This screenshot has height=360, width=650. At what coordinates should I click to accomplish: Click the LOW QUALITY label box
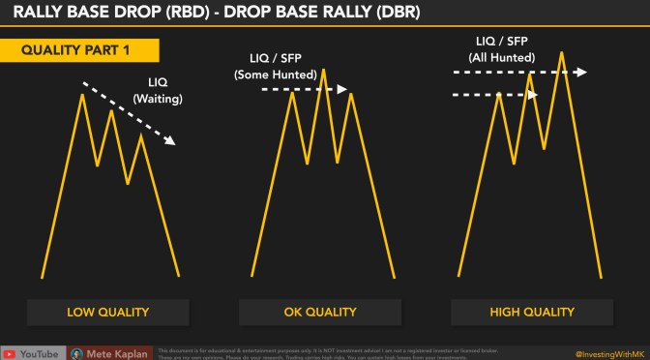(107, 312)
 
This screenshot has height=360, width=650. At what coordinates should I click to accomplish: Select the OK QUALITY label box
(320, 312)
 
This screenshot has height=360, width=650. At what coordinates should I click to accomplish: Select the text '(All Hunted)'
(503, 56)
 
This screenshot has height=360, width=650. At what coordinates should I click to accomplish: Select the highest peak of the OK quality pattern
(322, 70)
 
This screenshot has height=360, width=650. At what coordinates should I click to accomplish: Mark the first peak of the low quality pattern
(81, 93)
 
